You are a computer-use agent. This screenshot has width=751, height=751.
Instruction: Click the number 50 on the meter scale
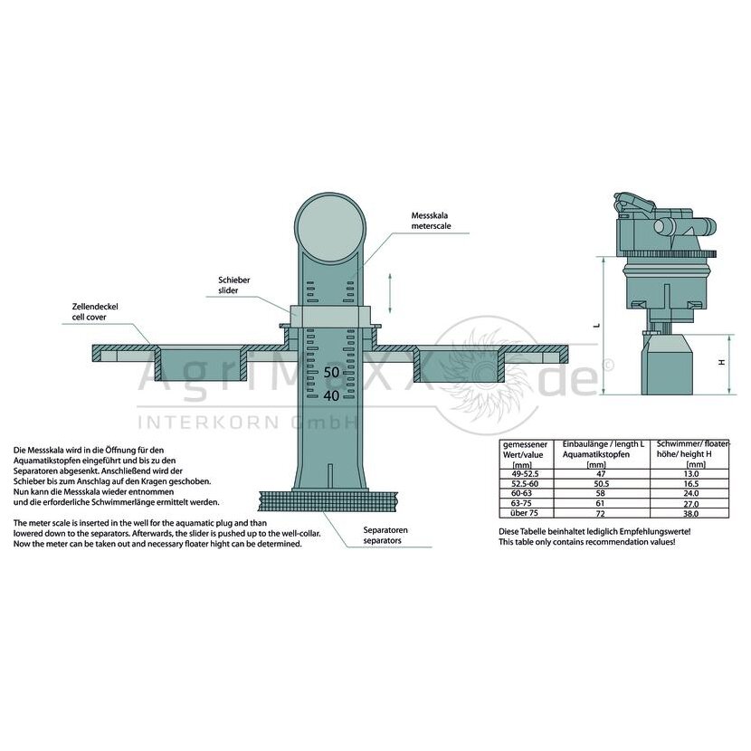[331, 372]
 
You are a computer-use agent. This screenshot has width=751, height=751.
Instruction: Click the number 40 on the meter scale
[331, 395]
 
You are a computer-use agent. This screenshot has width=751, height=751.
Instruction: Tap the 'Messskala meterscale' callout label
[431, 221]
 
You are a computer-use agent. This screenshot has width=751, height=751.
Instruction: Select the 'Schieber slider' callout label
[234, 285]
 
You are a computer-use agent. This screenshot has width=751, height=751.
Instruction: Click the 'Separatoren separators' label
[385, 535]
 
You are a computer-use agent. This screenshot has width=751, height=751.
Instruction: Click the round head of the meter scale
[330, 226]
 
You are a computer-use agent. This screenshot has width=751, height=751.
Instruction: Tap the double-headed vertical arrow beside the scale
[390, 293]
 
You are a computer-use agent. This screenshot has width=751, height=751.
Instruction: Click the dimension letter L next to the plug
[597, 325]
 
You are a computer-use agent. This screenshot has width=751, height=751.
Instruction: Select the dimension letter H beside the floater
[721, 363]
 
